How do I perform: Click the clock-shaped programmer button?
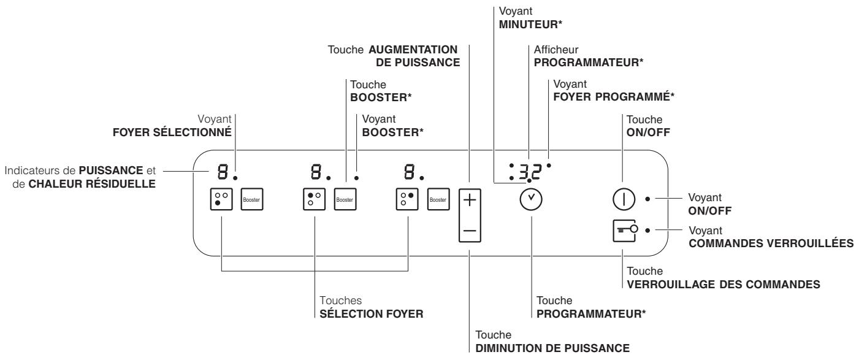531,200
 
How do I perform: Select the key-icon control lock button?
624,231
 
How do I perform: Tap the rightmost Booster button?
438,200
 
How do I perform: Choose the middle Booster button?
345,200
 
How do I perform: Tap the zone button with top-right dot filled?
408,200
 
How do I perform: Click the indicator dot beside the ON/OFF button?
647,199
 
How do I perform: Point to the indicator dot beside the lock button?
647,231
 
